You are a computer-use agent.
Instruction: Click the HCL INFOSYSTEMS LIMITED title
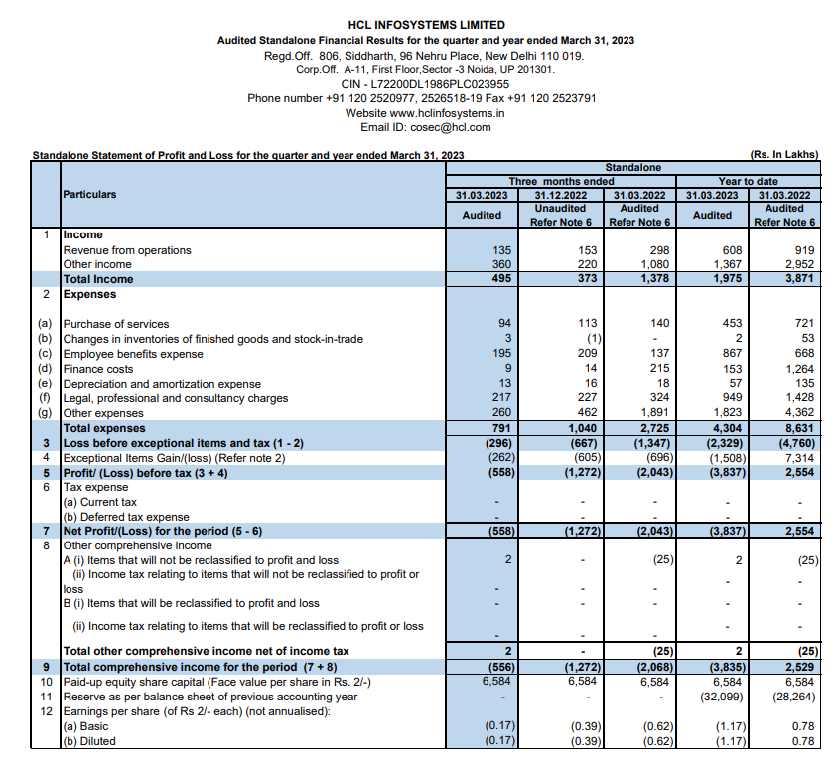pyautogui.click(x=426, y=25)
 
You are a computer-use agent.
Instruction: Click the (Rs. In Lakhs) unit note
pyautogui.click(x=784, y=155)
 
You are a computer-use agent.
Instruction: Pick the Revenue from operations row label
pyautogui.click(x=127, y=250)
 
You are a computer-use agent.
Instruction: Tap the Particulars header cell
pyautogui.click(x=89, y=195)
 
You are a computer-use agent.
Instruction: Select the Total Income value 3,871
pyautogui.click(x=796, y=279)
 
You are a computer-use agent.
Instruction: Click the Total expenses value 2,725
pyautogui.click(x=651, y=428)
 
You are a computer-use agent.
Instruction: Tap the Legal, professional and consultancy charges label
pyautogui.click(x=175, y=398)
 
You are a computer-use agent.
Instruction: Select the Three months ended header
pyautogui.click(x=561, y=182)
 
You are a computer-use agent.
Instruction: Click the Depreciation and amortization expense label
pyautogui.click(x=162, y=384)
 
